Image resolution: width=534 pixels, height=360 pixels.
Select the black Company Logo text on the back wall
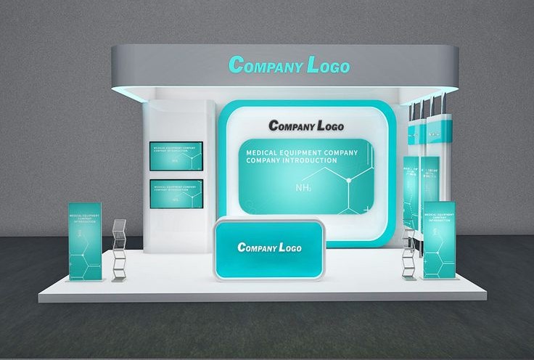(x=306, y=125)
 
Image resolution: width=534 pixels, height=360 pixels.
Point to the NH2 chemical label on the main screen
(x=305, y=188)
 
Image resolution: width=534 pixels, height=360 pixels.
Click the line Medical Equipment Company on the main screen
(x=302, y=153)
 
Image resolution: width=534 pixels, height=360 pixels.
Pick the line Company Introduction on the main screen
(x=291, y=160)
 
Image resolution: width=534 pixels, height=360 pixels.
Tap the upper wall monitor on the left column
(x=176, y=156)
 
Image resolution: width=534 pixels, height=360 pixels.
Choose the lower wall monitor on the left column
(x=176, y=193)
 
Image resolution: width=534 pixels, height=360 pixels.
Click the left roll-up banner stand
(x=85, y=242)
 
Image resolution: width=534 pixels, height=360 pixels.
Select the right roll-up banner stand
(x=439, y=240)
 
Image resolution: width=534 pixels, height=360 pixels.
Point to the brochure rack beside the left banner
(x=119, y=250)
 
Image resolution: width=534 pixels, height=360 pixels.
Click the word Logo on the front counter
(x=288, y=248)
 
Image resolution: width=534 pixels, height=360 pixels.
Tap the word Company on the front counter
(x=253, y=248)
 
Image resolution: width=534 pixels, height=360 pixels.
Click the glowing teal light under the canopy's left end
(x=127, y=91)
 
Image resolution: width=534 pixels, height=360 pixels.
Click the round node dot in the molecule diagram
(x=349, y=179)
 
